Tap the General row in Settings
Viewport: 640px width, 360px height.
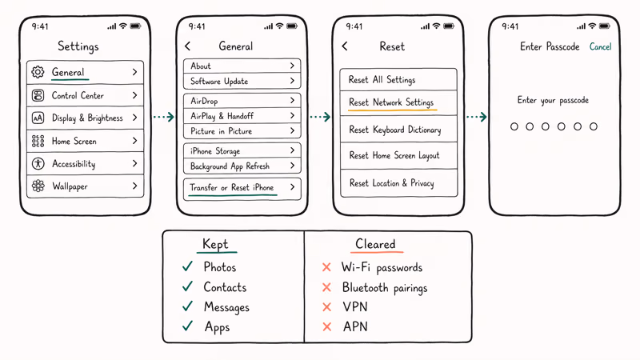tap(85, 72)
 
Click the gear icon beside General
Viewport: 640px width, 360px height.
tap(38, 72)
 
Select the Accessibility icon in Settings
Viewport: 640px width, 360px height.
tap(38, 163)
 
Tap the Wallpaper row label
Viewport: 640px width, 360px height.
tap(70, 186)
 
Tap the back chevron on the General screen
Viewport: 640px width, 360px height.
tap(188, 47)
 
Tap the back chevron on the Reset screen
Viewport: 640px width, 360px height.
tap(345, 47)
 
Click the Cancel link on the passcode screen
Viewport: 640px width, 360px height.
tap(600, 47)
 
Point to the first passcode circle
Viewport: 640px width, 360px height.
tap(514, 126)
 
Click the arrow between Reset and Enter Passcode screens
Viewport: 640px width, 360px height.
tap(476, 117)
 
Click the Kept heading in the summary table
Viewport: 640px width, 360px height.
tap(215, 245)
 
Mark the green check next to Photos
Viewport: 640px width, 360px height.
tap(187, 266)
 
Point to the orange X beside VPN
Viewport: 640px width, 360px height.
tap(326, 307)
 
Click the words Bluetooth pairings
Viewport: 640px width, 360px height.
tap(384, 287)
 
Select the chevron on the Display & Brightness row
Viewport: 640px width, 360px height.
tap(134, 118)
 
